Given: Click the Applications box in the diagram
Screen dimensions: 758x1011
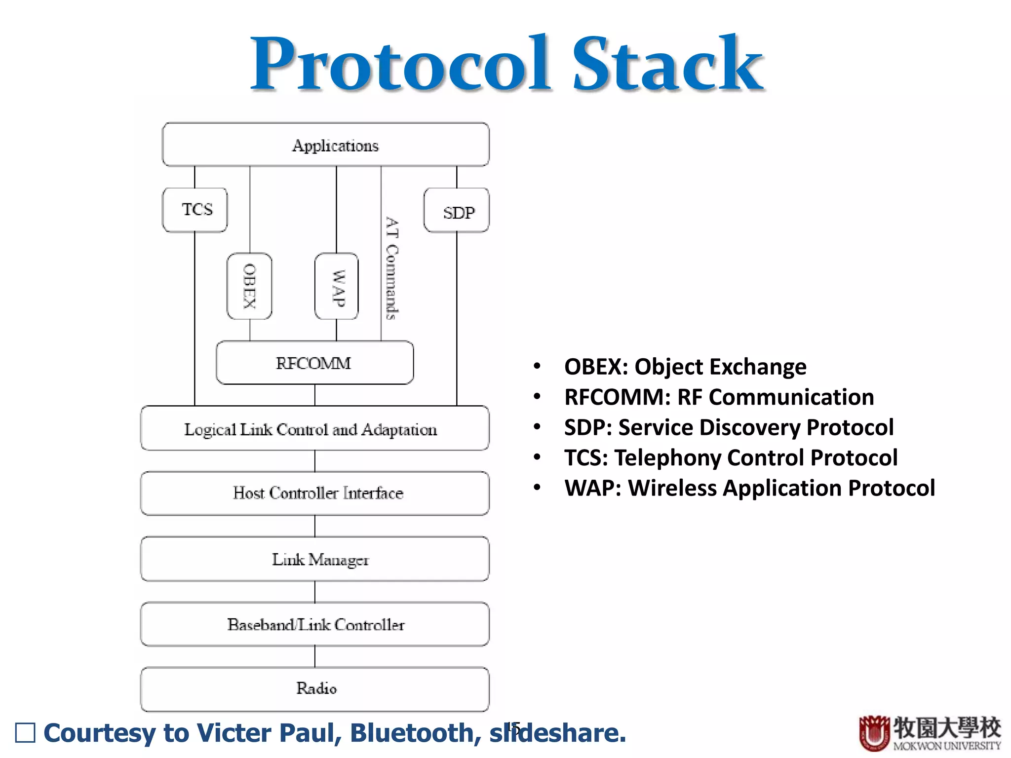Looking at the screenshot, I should (326, 145).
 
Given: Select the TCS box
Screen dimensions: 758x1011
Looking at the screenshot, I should (195, 210).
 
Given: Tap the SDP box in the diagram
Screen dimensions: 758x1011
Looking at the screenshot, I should (457, 211).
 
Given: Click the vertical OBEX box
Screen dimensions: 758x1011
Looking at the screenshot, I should (249, 286).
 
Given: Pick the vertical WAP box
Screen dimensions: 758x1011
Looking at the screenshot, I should (337, 287).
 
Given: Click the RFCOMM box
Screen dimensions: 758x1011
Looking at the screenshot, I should (314, 363).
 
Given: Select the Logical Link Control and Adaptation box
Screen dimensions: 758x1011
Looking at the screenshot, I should (314, 428).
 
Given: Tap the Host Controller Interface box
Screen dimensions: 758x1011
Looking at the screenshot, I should (314, 493).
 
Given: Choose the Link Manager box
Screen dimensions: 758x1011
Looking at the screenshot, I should (314, 559).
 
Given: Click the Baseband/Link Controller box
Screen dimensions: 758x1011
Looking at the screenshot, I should (314, 624).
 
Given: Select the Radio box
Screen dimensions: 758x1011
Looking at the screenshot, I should (314, 689).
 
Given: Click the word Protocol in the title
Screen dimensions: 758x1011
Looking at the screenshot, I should (400, 65).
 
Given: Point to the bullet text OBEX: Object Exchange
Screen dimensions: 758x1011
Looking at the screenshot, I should (685, 367).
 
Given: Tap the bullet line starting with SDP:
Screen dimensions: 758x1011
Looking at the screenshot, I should (728, 427).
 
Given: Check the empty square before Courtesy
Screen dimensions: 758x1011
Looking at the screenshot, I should (26, 733).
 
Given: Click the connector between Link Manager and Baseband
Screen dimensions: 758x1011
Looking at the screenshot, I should (315, 592).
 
